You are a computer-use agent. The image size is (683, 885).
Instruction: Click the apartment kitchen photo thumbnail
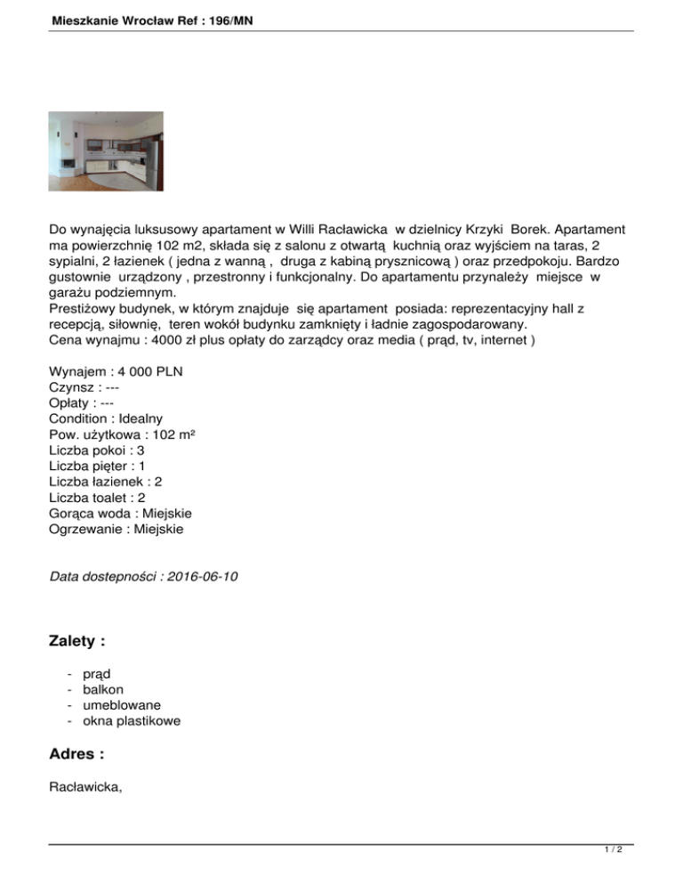click(x=105, y=150)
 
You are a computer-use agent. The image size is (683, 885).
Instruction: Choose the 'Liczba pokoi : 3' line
click(x=98, y=450)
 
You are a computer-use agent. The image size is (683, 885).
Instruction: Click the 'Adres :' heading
click(x=76, y=755)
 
